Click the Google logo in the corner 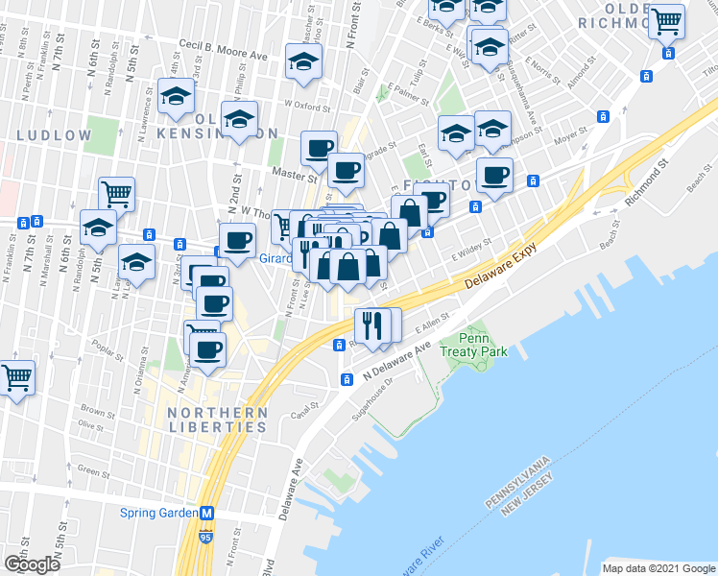32,564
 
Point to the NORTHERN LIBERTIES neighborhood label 203,419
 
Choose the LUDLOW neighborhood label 54,136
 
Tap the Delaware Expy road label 497,273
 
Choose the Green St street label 93,471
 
